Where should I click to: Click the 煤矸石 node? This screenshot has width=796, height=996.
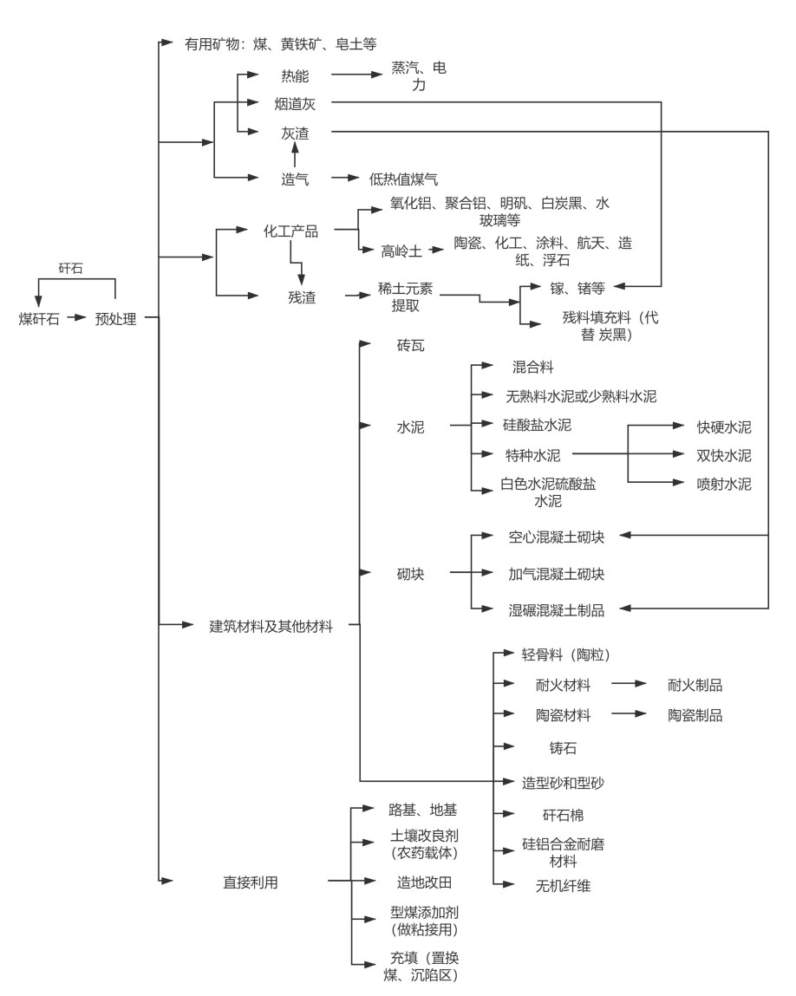tap(39, 318)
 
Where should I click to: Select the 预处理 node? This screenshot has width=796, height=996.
tap(115, 318)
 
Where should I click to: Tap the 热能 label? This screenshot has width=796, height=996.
tap(295, 75)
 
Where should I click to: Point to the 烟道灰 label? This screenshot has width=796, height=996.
tap(295, 103)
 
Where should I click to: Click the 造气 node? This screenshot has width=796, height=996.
tap(295, 179)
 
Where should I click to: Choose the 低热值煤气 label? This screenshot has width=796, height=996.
tap(403, 179)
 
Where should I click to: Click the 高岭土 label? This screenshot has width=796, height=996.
tap(401, 251)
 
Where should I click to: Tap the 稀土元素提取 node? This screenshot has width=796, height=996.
tap(405, 297)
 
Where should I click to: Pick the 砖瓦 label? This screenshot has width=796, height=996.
tap(411, 346)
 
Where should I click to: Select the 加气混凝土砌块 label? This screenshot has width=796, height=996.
tap(556, 573)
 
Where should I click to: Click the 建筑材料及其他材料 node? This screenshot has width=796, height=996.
tap(271, 625)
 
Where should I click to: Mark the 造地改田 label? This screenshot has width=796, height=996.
tap(424, 882)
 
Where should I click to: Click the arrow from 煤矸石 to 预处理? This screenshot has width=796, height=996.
tap(77, 318)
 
